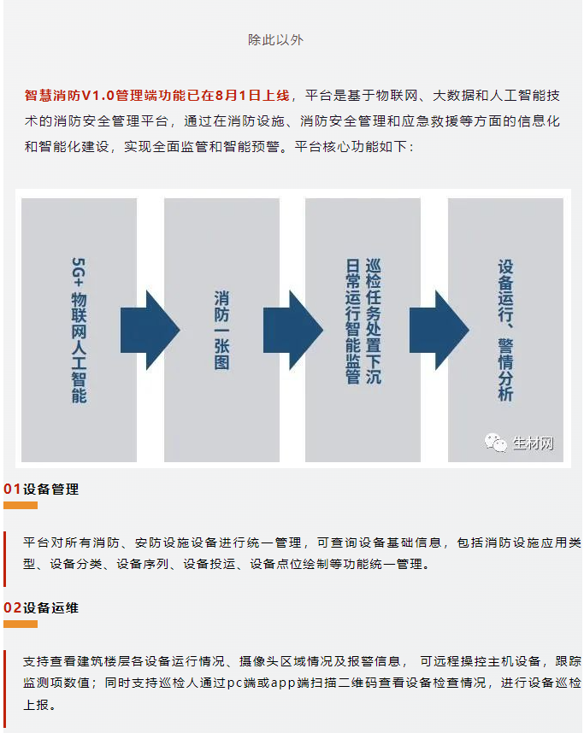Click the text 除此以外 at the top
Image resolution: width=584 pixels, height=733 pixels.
click(275, 40)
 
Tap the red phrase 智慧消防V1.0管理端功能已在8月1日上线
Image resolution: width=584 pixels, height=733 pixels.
click(157, 96)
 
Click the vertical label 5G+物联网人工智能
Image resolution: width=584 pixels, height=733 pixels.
click(79, 330)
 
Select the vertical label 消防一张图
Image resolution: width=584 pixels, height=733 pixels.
click(221, 330)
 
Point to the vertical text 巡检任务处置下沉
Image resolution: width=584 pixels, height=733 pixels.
click(374, 321)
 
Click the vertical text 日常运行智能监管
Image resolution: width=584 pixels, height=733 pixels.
click(353, 321)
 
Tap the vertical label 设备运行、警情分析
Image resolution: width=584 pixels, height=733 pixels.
click(506, 330)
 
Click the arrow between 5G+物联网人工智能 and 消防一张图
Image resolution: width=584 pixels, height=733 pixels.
click(150, 330)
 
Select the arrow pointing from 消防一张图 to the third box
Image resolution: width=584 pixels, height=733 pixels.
click(293, 330)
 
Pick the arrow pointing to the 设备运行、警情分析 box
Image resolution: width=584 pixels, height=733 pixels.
click(439, 330)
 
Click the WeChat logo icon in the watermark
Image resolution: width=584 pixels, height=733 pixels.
click(496, 443)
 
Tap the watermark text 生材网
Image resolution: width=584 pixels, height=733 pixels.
click(533, 443)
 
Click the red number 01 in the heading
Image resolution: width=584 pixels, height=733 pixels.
click(12, 490)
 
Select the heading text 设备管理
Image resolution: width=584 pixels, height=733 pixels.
click(51, 490)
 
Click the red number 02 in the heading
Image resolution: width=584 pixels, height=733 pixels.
click(13, 608)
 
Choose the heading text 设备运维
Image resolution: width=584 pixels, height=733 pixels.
click(51, 608)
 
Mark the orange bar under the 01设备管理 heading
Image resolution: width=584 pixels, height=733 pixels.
click(21, 506)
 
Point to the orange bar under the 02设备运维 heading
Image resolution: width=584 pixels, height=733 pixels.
click(21, 625)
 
